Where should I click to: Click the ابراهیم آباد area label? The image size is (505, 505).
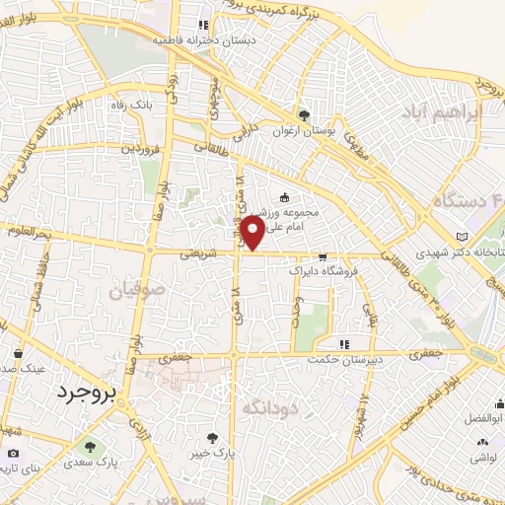tap(442, 112)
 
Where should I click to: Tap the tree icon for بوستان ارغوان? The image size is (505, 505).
tap(304, 113)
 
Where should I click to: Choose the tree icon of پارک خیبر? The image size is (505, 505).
tap(213, 437)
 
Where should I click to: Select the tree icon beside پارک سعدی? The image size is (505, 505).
tap(90, 447)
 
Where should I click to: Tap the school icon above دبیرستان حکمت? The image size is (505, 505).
tap(344, 344)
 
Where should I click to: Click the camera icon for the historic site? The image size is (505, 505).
tap(13, 454)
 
